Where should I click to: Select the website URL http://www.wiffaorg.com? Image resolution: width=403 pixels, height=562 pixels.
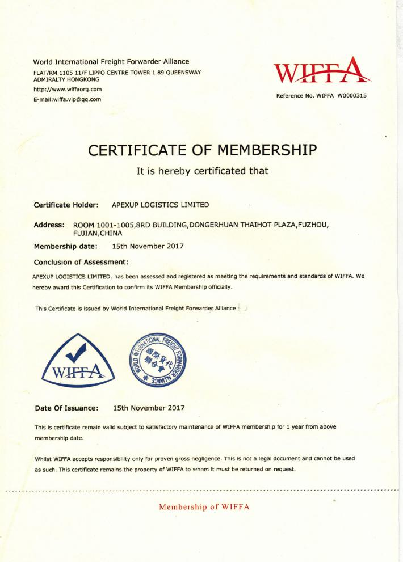tap(68, 90)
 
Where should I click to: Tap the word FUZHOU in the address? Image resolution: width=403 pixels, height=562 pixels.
tap(313, 225)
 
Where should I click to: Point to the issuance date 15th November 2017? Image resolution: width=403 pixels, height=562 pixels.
tap(149, 407)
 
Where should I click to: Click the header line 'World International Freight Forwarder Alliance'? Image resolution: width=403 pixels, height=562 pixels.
tap(111, 61)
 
